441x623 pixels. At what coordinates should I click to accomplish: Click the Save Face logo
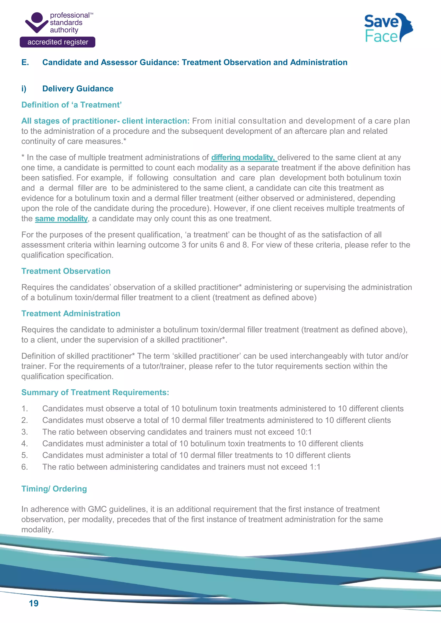pyautogui.click(x=388, y=28)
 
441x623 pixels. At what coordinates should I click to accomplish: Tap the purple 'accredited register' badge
pyautogui.click(x=57, y=42)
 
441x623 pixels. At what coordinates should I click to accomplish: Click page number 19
pyautogui.click(x=34, y=603)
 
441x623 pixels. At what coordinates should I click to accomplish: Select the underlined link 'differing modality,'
pyautogui.click(x=244, y=157)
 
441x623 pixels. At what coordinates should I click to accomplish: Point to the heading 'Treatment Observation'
pyautogui.click(x=66, y=271)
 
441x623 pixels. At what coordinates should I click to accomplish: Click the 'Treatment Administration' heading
pyautogui.click(x=71, y=313)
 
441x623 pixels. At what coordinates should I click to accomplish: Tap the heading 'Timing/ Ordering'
pyautogui.click(x=54, y=489)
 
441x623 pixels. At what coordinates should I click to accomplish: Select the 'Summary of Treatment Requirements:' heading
pyautogui.click(x=95, y=392)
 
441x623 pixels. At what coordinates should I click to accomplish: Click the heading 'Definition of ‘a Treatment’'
pyautogui.click(x=71, y=105)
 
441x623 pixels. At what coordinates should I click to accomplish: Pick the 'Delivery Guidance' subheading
pyautogui.click(x=78, y=89)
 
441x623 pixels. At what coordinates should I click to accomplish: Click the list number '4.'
pyautogui.click(x=24, y=443)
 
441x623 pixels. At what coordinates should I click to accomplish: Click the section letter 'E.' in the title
pyautogui.click(x=25, y=62)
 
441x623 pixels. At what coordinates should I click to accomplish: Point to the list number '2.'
pyautogui.click(x=24, y=420)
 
